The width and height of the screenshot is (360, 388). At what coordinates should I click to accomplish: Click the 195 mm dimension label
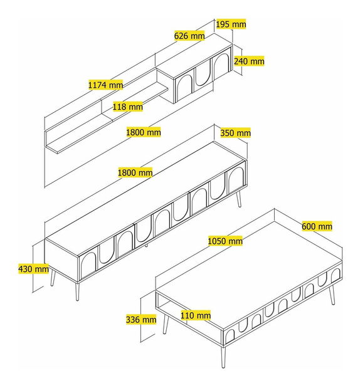pos(231,24)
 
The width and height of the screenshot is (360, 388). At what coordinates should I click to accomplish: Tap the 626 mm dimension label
pos(189,36)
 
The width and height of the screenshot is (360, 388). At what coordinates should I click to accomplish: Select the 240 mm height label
pos(248,61)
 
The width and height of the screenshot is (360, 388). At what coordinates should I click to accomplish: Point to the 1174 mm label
pos(106,85)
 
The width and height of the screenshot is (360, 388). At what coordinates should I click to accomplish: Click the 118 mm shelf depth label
pos(127,107)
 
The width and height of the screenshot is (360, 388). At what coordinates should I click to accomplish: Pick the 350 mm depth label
pos(235,133)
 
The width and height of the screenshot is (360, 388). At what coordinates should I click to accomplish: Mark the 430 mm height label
pos(33,269)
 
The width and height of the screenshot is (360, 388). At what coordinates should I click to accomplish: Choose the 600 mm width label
pos(317,226)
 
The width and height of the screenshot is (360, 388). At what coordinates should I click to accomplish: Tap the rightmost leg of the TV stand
pos(240,197)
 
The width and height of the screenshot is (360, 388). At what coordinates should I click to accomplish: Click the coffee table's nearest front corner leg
pos(224,357)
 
